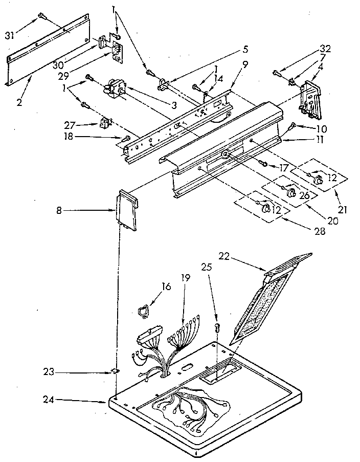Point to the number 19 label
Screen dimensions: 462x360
coord(185,278)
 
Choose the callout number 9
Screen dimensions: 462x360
coord(245,64)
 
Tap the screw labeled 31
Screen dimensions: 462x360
coord(41,17)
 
